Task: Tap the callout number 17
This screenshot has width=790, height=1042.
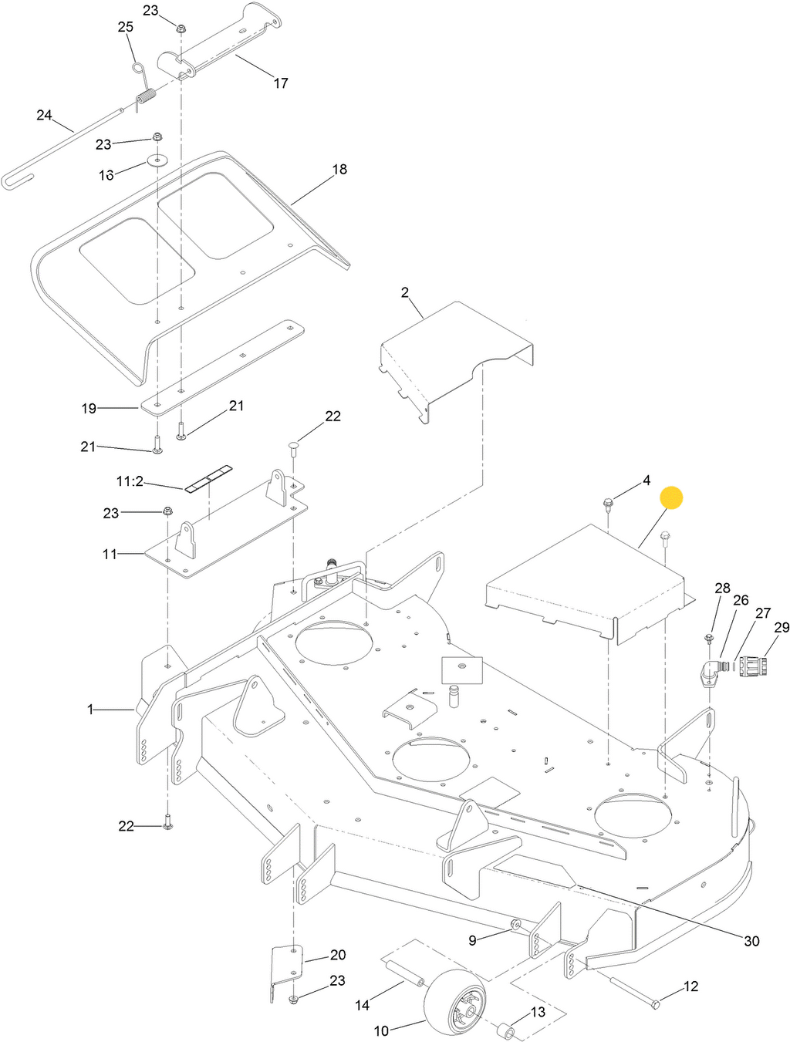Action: point(281,83)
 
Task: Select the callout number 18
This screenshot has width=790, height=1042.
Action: point(339,169)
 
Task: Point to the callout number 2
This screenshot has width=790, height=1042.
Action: point(405,292)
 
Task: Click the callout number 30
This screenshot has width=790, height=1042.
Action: point(751,940)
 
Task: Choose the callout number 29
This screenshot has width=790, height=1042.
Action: point(781,627)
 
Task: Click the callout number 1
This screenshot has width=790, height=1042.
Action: point(90,709)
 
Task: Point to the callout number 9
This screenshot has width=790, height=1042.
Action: point(473,939)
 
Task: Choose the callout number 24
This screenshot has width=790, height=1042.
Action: point(44,116)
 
